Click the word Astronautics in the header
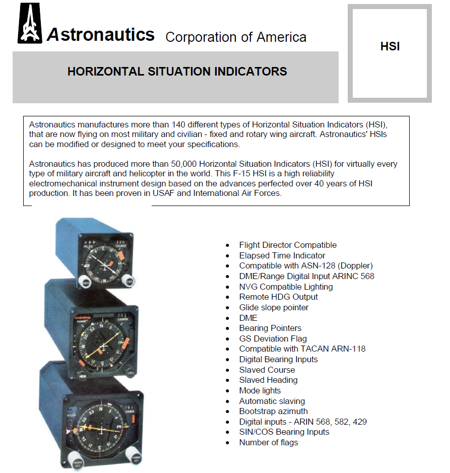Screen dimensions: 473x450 (x=101, y=35)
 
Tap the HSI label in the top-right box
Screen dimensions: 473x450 (x=390, y=47)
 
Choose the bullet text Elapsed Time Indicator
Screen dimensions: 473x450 (x=282, y=255)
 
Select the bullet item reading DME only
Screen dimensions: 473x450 (x=248, y=318)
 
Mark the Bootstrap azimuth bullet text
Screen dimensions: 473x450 (x=273, y=411)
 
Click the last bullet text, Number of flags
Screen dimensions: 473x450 (x=268, y=442)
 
